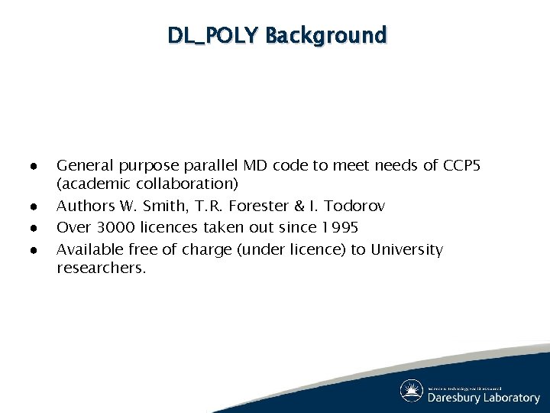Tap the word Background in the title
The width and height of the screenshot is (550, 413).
tap(326, 35)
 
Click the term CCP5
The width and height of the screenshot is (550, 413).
tap(461, 164)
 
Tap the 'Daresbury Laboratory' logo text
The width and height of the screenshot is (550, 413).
tap(483, 397)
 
